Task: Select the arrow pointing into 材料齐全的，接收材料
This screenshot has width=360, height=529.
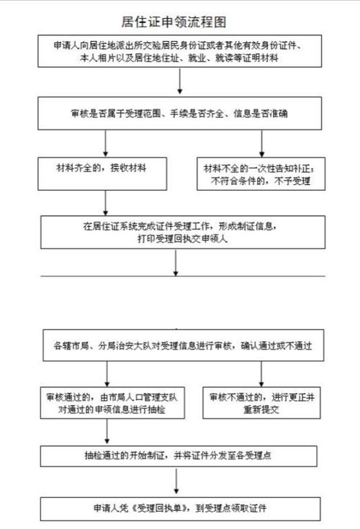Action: [x=106, y=144]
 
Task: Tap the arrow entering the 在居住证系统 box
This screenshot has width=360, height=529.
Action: [x=106, y=204]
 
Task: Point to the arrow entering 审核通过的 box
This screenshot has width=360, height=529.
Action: [x=106, y=374]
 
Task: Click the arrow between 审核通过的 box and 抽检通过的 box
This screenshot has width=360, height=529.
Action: [x=106, y=433]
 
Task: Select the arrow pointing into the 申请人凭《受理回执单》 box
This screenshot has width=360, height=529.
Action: [x=176, y=482]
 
